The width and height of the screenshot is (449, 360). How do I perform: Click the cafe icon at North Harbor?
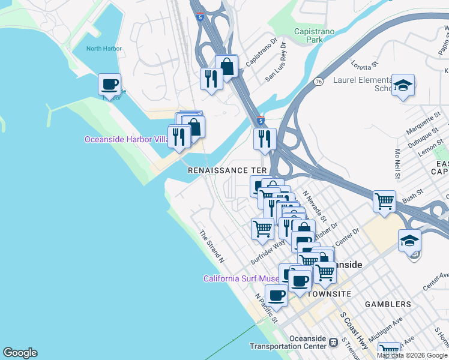pos(109,83)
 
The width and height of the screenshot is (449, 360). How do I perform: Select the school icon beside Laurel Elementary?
pos(403,85)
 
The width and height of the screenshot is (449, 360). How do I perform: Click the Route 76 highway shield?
pos(318,82)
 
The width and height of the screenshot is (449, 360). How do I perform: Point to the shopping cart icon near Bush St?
pos(384,200)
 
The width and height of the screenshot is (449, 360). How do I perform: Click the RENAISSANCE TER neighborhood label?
pos(227,170)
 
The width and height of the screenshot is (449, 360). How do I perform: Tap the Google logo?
pos(20,353)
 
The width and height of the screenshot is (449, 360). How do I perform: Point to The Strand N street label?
pos(211,247)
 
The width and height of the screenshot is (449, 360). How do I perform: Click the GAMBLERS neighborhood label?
pos(388,304)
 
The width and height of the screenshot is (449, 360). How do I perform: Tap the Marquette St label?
pos(423,124)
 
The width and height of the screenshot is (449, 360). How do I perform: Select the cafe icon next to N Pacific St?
pos(277,295)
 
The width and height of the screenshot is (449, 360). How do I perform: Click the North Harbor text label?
pos(104,49)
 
